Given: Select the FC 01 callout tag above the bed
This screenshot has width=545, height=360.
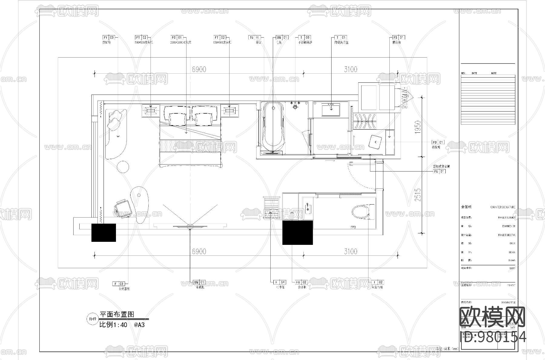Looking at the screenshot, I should [177, 38].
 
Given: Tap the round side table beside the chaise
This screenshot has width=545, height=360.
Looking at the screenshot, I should [123, 167].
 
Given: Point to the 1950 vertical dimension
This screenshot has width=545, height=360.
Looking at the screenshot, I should [418, 127].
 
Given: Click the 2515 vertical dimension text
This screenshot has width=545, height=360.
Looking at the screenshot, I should [418, 195].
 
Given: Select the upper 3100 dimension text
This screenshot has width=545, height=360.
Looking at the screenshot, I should [350, 69].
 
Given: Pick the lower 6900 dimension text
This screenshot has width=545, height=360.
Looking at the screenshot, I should [199, 252].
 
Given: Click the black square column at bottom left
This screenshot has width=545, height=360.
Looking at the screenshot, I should [104, 232].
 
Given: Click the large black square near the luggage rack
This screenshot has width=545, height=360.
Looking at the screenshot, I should [297, 232].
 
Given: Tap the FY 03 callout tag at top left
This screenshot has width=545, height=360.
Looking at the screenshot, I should [109, 38].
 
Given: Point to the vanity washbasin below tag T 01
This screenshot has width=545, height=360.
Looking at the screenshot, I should [331, 109].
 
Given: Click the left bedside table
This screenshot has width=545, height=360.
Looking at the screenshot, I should [150, 110].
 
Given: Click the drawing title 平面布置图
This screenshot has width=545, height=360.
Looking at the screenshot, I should [117, 315].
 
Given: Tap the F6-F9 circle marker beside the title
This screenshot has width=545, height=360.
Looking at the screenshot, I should [92, 319].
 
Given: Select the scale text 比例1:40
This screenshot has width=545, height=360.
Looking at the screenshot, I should [113, 325].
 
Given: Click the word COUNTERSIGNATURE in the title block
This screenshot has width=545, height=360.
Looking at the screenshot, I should [503, 207].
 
